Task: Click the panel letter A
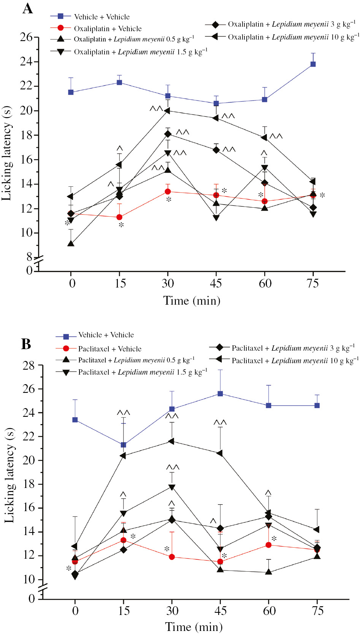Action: [27, 8]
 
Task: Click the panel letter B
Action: [26, 344]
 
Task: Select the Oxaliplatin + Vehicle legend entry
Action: [108, 29]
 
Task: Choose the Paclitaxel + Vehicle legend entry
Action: [109, 349]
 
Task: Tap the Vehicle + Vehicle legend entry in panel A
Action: [101, 17]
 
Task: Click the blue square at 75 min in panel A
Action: [313, 64]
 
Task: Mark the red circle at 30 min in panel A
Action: [168, 191]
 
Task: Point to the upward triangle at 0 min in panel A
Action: [71, 243]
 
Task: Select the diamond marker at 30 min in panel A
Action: [168, 134]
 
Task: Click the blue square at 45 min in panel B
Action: [220, 394]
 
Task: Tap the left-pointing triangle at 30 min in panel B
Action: [171, 441]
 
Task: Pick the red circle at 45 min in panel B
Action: [220, 562]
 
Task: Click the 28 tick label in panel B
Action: [29, 365]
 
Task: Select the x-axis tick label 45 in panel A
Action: [216, 283]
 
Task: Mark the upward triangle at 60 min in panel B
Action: [269, 572]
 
